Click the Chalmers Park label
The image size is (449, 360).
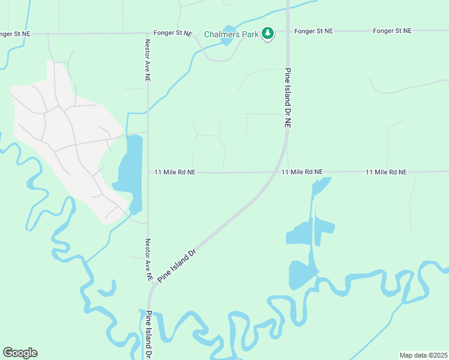pos(232,34)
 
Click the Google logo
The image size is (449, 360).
pos(20,352)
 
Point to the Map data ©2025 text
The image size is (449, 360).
pos(423,355)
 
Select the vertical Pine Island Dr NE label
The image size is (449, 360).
pos(288,98)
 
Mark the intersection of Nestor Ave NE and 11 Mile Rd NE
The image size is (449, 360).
pos(148,172)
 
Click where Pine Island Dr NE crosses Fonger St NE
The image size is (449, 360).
pos(288,31)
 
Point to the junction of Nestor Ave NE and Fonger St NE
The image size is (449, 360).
pos(148,33)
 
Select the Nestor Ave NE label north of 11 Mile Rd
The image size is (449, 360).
pos(148,61)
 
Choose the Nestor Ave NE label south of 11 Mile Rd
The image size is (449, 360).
pos(148,260)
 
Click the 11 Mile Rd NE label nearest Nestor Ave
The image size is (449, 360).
pos(175,172)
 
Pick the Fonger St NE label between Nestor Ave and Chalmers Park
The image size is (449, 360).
pos(172,33)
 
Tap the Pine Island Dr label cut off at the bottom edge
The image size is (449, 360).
pos(148,334)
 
